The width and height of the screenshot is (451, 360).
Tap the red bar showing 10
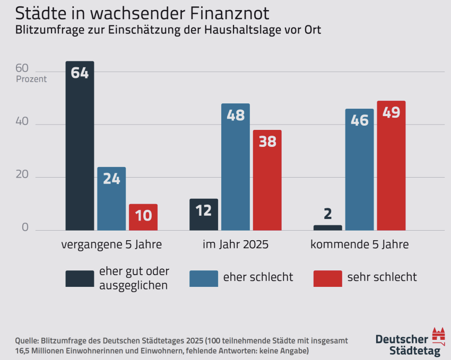coord(143,217)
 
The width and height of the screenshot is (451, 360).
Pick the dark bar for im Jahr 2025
coord(204,215)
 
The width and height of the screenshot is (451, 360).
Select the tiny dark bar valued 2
coord(328,228)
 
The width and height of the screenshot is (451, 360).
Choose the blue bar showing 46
coord(360,170)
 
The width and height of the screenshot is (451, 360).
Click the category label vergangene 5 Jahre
coord(111,245)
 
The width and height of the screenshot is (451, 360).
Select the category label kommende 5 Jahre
coord(360,245)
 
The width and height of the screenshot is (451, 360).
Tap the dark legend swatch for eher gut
coord(80,278)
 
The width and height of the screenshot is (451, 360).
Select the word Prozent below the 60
coord(31,80)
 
